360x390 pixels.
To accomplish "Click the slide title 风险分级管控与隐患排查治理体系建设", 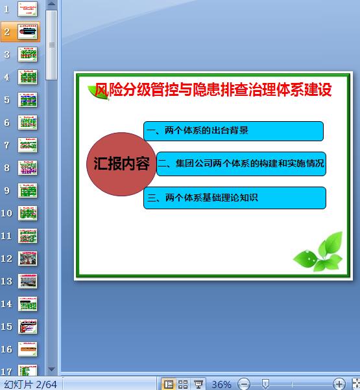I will click(213, 90).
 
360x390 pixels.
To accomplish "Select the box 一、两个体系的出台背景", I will click(233, 131).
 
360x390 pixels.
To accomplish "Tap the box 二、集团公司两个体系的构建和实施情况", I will click(241, 163).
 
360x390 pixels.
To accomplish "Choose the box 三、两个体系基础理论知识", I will click(234, 198).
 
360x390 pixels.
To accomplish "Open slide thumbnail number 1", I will click(28, 9).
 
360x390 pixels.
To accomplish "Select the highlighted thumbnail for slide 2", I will click(28, 32).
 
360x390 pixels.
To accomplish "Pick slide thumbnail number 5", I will click(28, 100).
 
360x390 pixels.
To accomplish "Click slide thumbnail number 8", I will click(28, 168).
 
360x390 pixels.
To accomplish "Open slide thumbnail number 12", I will click(28, 258).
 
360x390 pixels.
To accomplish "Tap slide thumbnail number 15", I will click(28, 327).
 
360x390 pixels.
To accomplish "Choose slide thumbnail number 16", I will click(28, 349).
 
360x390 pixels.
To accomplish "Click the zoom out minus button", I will click(244, 384).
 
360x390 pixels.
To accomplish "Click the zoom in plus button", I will click(339, 384).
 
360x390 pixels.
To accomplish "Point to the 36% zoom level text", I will click(221, 384).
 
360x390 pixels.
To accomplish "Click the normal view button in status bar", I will click(169, 384).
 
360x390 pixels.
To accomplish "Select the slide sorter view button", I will click(184, 384).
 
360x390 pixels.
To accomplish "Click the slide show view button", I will click(198, 384).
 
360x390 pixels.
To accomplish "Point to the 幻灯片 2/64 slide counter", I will click(30, 384).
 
